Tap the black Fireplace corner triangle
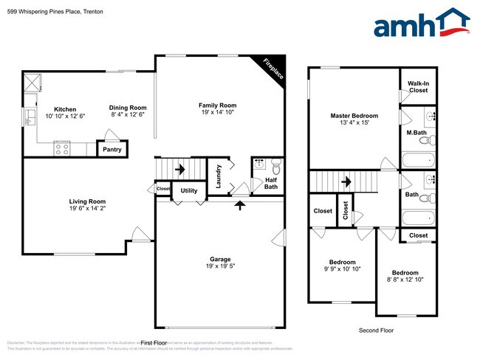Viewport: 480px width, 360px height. coord(272,66)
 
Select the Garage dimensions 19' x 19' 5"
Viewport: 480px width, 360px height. coord(220,267)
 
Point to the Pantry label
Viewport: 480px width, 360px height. coord(112,150)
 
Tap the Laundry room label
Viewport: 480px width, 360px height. coord(219,175)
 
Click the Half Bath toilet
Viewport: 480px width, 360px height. coord(275,165)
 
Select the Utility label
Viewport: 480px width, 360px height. coord(189,190)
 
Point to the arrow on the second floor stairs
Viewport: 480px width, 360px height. coord(346,181)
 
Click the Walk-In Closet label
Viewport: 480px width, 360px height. coord(418,87)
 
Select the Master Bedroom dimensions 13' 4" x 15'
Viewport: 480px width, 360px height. coord(354,123)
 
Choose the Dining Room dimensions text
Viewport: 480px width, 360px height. coord(128,115)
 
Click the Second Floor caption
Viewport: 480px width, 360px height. coord(377,330)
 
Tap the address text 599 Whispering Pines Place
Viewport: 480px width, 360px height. coord(44,11)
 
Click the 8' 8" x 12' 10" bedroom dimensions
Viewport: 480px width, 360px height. coord(405,280)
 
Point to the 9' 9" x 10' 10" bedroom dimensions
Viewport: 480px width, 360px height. coord(342,269)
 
